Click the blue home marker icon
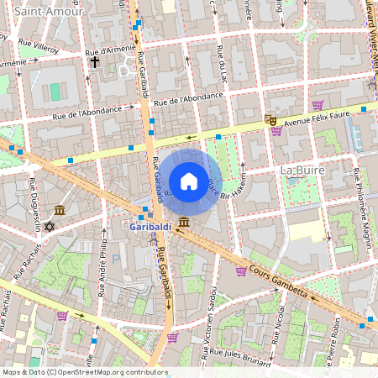189,181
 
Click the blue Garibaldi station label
152,227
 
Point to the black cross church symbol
95,62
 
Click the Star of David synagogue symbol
49,227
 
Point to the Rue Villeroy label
39,50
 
